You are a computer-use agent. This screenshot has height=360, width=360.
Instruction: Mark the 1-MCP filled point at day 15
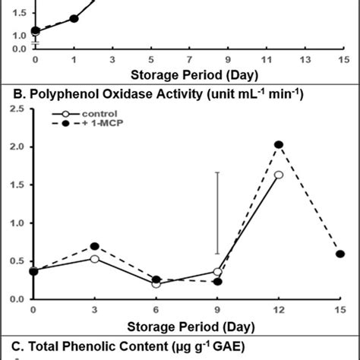(340, 254)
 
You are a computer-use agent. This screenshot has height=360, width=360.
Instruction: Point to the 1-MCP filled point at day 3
(95, 246)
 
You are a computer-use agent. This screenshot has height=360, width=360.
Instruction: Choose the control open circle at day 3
(95, 259)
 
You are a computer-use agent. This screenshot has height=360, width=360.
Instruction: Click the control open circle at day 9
(218, 272)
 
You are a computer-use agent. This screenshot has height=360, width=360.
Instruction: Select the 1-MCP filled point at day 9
(218, 282)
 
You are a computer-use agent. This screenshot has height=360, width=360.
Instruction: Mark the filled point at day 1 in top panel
(74, 18)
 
